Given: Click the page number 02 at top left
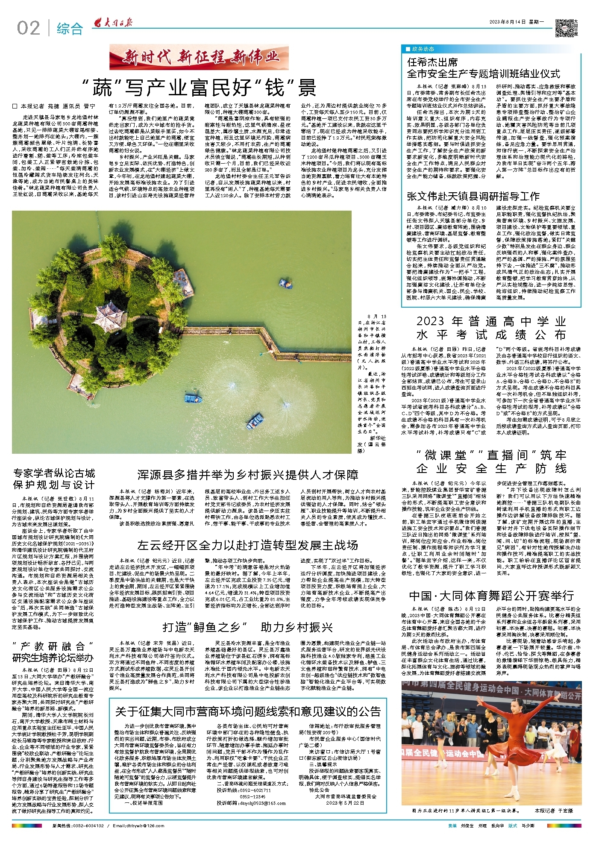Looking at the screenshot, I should (28, 28).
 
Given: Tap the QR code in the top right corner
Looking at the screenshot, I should (564, 28).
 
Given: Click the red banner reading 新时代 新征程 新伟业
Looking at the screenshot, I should (199, 56).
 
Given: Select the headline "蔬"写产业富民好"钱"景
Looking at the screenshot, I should (199, 88).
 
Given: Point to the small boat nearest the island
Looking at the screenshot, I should (285, 282).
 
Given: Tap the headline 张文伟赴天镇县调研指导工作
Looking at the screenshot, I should (473, 196).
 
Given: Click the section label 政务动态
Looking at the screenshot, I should (423, 49).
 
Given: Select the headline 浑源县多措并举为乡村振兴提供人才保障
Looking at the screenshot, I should (248, 475).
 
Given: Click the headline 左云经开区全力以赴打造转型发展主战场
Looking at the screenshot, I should (248, 545).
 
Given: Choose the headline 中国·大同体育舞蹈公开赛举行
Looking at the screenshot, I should (491, 595).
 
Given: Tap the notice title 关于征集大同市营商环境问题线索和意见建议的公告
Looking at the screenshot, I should (248, 711).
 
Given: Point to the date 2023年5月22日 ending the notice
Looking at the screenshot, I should (345, 803).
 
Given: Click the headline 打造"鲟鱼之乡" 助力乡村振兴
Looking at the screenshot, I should (248, 627).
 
